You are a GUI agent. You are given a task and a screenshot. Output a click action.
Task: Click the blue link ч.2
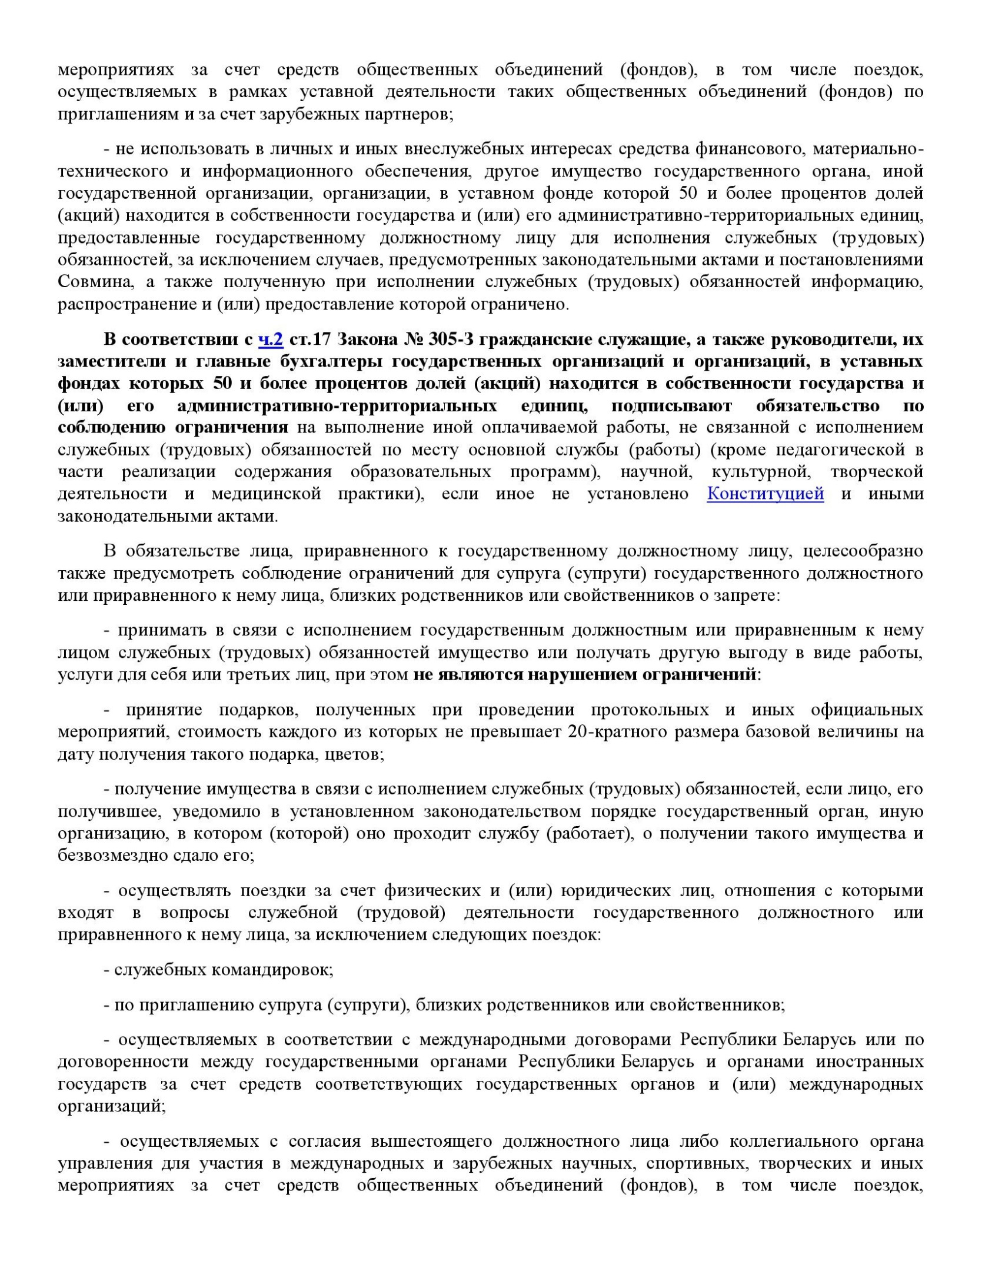tap(271, 340)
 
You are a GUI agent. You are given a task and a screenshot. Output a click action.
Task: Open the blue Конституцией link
tap(765, 494)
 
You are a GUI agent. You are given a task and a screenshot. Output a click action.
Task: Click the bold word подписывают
tap(671, 405)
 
